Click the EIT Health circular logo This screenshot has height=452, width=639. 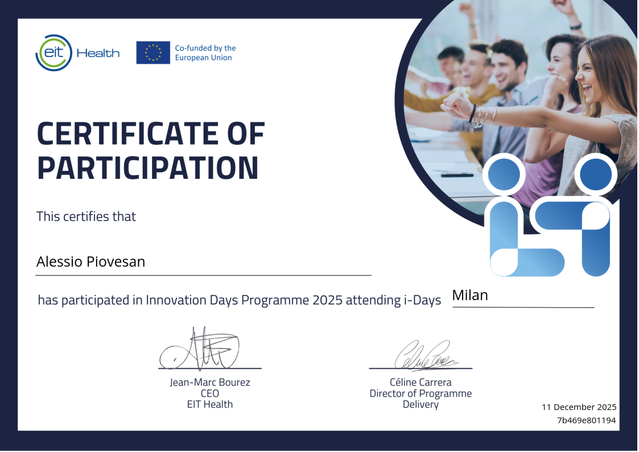click(54, 52)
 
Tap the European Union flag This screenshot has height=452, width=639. click(153, 52)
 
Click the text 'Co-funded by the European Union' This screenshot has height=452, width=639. click(205, 53)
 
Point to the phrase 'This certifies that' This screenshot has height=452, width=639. click(86, 216)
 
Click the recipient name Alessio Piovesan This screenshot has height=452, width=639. click(91, 262)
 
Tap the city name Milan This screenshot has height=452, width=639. click(470, 295)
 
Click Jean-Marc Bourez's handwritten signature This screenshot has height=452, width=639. click(200, 349)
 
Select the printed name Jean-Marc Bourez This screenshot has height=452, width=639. click(210, 383)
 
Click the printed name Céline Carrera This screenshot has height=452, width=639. click(420, 383)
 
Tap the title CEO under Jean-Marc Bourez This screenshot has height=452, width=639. click(210, 393)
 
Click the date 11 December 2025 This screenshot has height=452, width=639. click(579, 407)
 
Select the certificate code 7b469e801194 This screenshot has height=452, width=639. click(587, 420)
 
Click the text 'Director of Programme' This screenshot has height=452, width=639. click(420, 393)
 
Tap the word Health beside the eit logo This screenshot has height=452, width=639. click(98, 53)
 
